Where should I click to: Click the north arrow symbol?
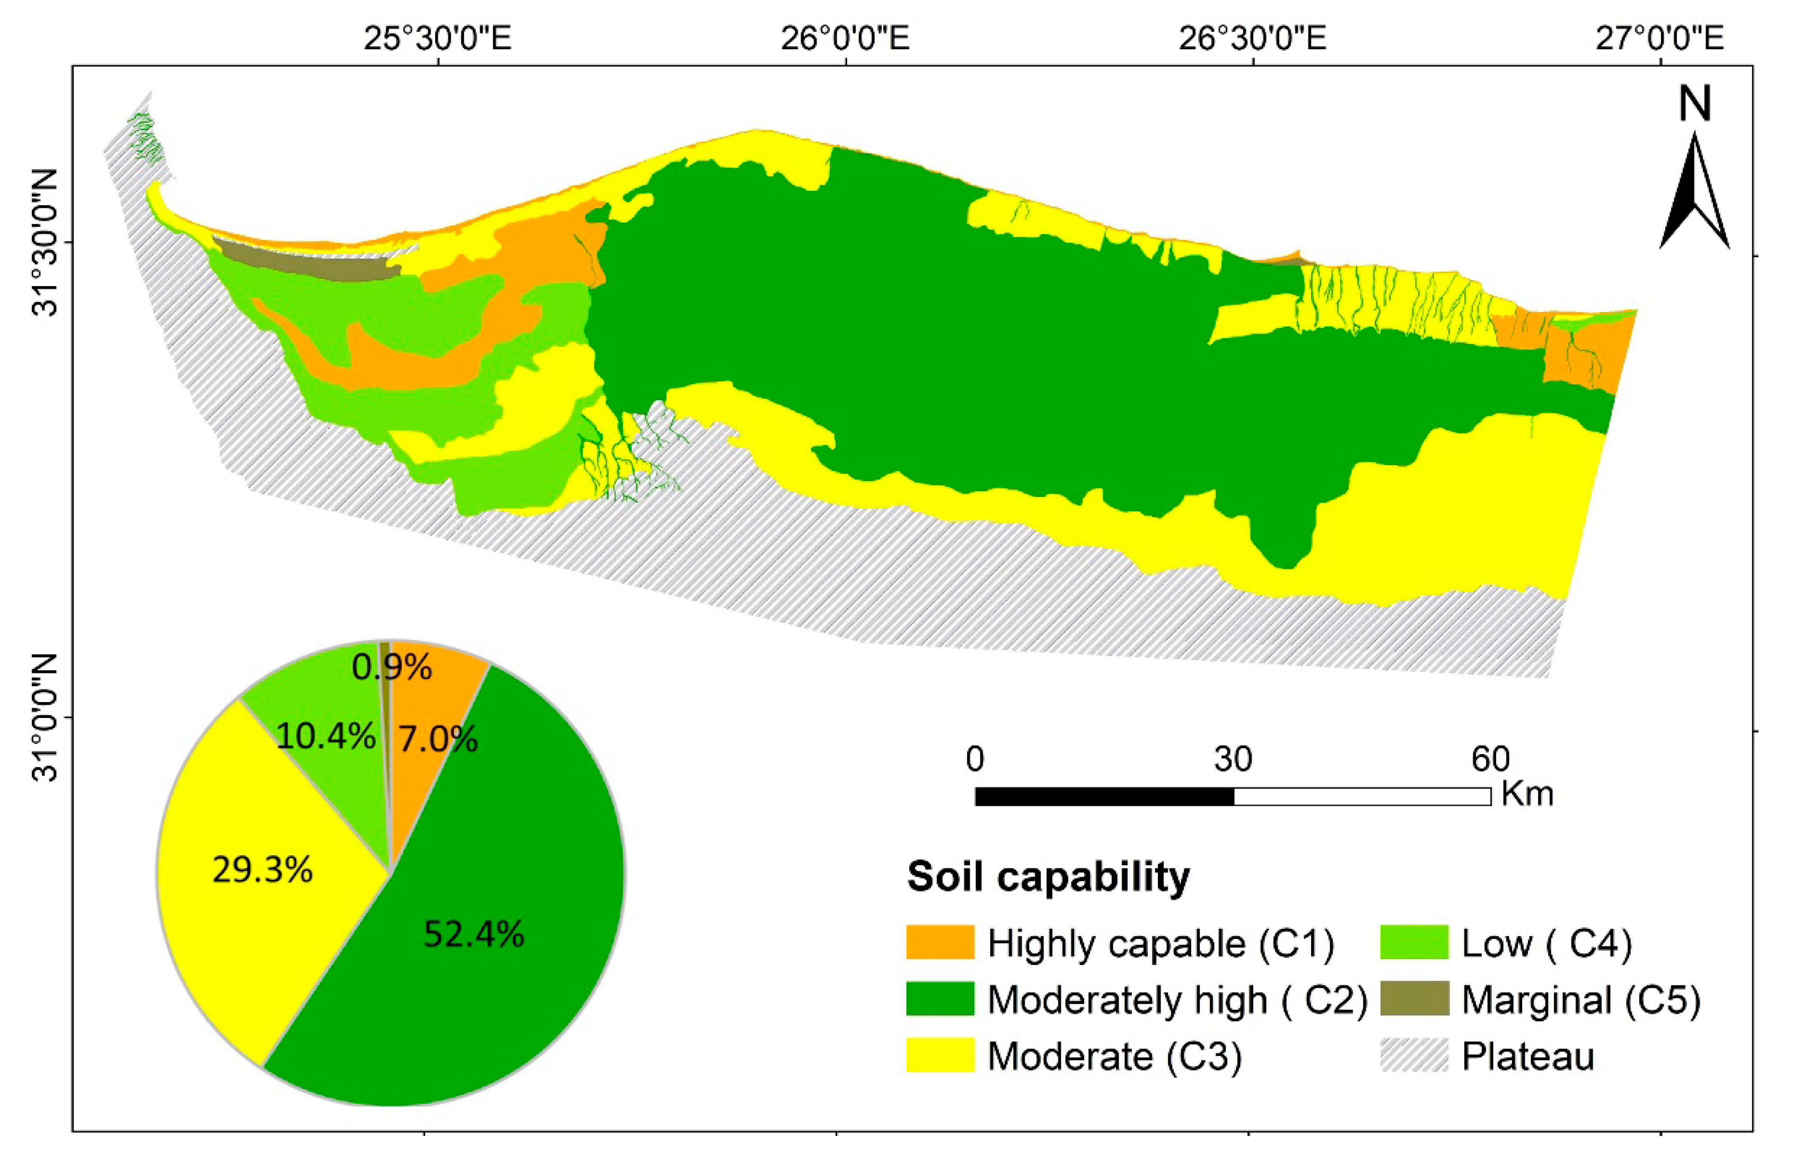pos(1694,191)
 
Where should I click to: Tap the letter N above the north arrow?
pos(1695,104)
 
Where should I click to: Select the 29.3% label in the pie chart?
pos(262,871)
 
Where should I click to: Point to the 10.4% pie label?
pos(326,737)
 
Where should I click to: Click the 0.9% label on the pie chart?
pos(392,667)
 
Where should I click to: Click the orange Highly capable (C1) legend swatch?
pos(939,943)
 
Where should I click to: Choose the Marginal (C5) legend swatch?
pos(1414,999)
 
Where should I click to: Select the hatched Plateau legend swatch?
pos(1414,1056)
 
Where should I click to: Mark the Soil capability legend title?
pos(1049,876)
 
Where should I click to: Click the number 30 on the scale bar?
pos(1233,760)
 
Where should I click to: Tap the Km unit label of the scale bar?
pos(1527,794)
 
